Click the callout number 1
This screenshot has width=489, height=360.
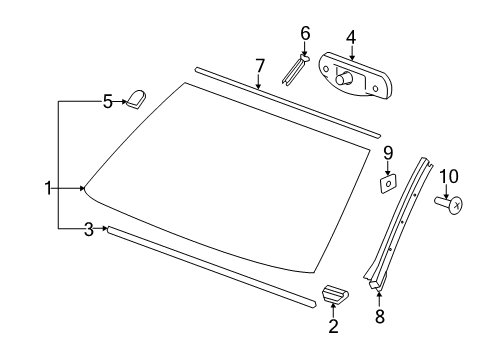47,188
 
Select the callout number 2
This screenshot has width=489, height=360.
333,326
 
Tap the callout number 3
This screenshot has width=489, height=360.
89,229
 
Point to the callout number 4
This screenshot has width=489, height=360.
351,38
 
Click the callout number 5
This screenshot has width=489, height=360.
108,100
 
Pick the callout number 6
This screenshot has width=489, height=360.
306,33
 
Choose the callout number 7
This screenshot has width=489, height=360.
259,66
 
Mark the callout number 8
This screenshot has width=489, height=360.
379,319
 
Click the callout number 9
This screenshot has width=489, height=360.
387,152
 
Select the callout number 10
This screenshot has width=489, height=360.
449,177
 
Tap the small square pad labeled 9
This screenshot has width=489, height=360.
387,183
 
